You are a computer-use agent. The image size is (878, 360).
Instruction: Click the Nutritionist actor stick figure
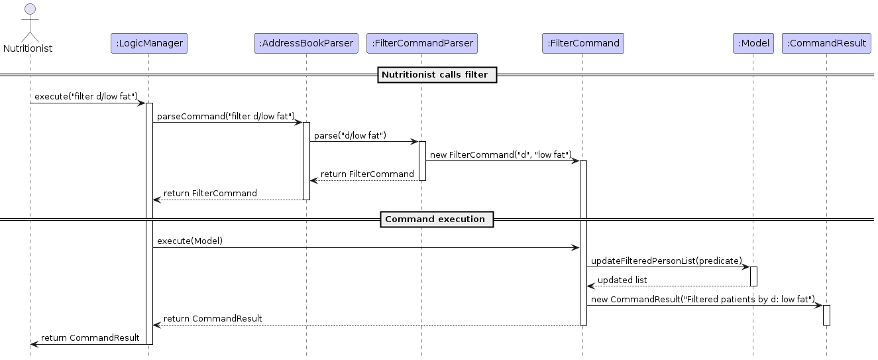click(28, 24)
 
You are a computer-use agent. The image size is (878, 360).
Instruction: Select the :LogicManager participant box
click(149, 43)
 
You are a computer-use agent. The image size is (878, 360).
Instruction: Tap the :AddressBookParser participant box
click(306, 43)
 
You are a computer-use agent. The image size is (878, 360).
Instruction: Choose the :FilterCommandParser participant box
click(422, 43)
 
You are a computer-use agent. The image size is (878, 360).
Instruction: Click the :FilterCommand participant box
click(582, 43)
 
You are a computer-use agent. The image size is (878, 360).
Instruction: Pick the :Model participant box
click(753, 43)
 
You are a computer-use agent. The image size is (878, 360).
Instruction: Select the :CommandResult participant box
click(826, 43)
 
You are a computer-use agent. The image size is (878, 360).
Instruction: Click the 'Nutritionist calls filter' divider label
click(437, 75)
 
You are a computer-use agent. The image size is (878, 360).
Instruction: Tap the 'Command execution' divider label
click(437, 219)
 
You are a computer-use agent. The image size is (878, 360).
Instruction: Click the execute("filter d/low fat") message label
click(86, 97)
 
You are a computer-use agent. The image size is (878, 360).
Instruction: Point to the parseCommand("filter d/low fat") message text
click(226, 116)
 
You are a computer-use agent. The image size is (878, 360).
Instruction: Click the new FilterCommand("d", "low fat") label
click(500, 154)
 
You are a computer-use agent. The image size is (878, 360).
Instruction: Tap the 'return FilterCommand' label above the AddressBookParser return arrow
click(367, 174)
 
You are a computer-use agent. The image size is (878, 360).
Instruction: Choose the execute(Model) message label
click(190, 241)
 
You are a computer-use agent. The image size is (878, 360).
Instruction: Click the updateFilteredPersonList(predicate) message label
click(667, 261)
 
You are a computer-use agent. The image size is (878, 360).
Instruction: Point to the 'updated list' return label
click(622, 280)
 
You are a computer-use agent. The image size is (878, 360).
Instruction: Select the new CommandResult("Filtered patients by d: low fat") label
click(703, 299)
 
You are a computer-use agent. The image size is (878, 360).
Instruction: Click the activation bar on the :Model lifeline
click(753, 276)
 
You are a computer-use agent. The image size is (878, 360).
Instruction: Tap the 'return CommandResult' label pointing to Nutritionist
click(90, 337)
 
